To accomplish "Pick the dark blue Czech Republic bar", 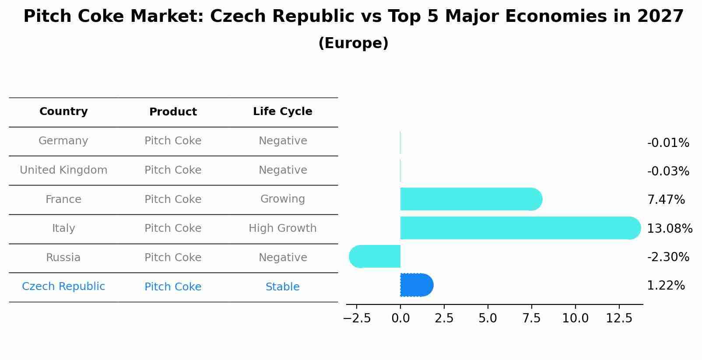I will point(416,285).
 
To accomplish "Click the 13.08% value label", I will point(669,228).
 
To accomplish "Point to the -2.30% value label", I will point(668,257).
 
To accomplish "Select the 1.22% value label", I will point(666,286).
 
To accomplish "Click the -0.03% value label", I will point(668,171).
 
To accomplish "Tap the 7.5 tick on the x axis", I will point(531,318).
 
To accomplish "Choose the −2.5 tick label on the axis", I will point(357,318).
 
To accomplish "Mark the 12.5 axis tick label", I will point(619,318).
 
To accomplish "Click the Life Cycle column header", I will point(283,112).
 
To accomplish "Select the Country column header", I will point(63,112).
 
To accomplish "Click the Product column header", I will point(173,112).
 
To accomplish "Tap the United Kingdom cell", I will point(63,170).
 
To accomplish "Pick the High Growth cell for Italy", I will point(283,228).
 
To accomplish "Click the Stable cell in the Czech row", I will point(283,287).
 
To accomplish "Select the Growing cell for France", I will point(283,199).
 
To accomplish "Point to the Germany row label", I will point(63,141).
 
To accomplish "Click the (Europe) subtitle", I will point(353,43).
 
